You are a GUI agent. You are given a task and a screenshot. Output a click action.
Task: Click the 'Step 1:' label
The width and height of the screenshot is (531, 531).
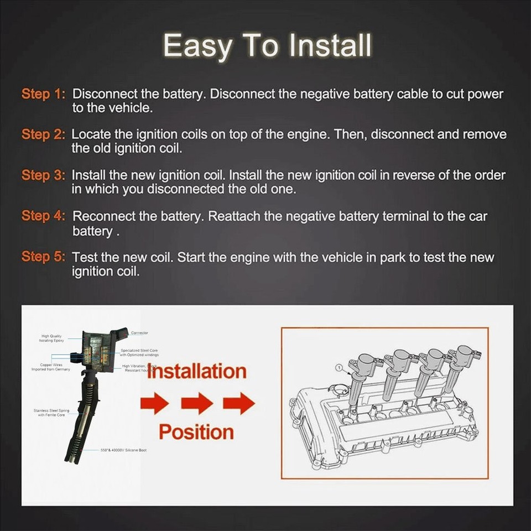point(43,94)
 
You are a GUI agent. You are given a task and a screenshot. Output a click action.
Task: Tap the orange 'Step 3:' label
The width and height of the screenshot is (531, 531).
point(43,175)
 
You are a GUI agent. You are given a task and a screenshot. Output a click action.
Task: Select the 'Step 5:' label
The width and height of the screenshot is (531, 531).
point(43,257)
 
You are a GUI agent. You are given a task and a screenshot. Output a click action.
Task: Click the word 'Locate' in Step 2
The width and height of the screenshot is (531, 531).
point(91,134)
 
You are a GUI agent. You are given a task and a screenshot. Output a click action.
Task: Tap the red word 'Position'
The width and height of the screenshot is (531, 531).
point(196,432)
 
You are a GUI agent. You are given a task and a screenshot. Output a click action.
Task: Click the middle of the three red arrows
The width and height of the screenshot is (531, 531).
point(197,403)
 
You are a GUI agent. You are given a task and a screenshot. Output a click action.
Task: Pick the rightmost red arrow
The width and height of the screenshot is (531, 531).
point(239,403)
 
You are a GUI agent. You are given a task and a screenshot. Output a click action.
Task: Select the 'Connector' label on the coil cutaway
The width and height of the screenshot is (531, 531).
point(139,333)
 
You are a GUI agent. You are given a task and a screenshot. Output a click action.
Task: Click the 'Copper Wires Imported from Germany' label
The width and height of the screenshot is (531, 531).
point(50,367)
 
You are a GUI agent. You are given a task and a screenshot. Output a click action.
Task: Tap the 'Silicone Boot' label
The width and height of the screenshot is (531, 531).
point(123,450)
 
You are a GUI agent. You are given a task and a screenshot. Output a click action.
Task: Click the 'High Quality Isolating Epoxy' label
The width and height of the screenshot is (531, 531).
point(51,338)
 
